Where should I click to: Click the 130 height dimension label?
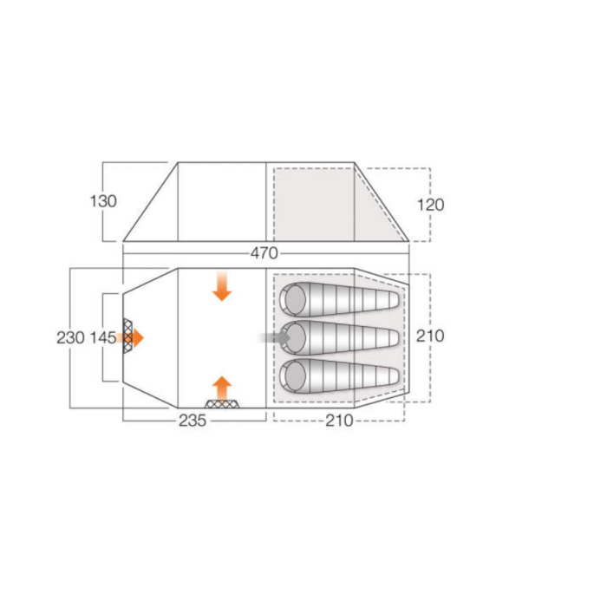pos(103,201)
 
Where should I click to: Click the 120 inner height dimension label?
pos(430,205)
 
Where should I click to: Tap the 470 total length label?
pos(264,253)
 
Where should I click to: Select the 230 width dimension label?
pos(70,337)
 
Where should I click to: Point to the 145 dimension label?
pos(103,337)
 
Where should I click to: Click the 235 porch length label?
pos(193,421)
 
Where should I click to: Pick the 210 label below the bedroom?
pos(339,421)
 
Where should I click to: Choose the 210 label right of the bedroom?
pos(430,336)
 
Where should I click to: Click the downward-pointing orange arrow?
pos(222,286)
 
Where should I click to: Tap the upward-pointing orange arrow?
pos(222,388)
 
